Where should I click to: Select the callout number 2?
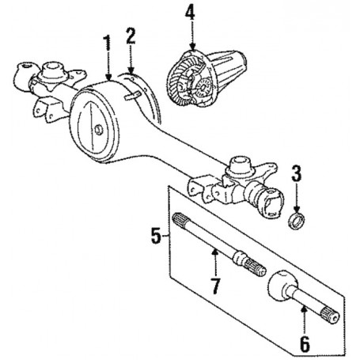131,36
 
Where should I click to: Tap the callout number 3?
297,172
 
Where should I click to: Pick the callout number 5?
156,236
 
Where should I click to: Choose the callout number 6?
305,343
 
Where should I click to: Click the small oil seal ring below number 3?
296,221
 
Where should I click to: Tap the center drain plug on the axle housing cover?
99,130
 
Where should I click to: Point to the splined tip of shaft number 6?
329,316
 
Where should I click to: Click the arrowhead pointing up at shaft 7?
215,252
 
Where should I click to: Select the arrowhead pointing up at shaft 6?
305,309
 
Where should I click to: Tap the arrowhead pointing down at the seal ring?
297,210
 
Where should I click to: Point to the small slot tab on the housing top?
133,96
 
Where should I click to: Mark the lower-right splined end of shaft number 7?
256,267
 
